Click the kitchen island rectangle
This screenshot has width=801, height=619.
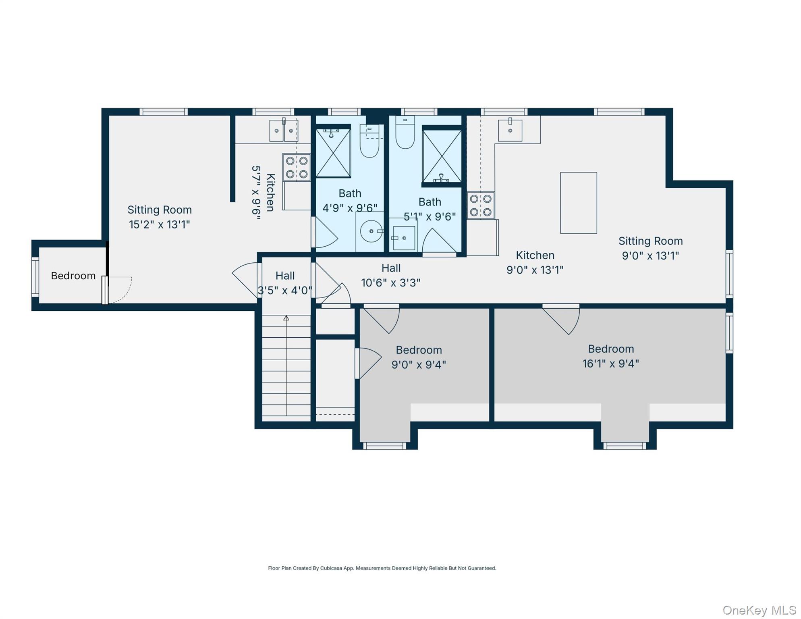click(578, 203)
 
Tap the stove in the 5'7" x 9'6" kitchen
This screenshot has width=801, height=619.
click(297, 167)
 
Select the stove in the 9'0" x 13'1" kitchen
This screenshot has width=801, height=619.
click(481, 205)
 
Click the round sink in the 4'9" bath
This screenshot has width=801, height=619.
click(371, 231)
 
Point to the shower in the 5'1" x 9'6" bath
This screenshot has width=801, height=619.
click(442, 156)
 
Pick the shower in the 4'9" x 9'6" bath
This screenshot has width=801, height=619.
click(333, 153)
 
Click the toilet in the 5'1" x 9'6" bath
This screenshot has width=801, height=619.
click(405, 133)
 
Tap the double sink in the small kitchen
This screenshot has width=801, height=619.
click(284, 131)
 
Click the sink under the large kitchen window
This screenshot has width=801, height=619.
click(510, 130)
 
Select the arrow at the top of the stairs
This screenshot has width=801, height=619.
click(286, 318)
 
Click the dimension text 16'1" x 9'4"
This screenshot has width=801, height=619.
click(610, 364)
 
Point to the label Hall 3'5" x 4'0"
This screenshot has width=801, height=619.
click(285, 283)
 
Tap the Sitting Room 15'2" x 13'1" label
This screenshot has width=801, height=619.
click(160, 217)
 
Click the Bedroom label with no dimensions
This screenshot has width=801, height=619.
click(73, 276)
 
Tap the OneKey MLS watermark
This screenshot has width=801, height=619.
click(759, 610)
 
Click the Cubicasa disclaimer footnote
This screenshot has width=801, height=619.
click(382, 568)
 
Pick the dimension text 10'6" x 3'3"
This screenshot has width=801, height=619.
click(390, 283)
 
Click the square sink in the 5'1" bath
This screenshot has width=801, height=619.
click(404, 238)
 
